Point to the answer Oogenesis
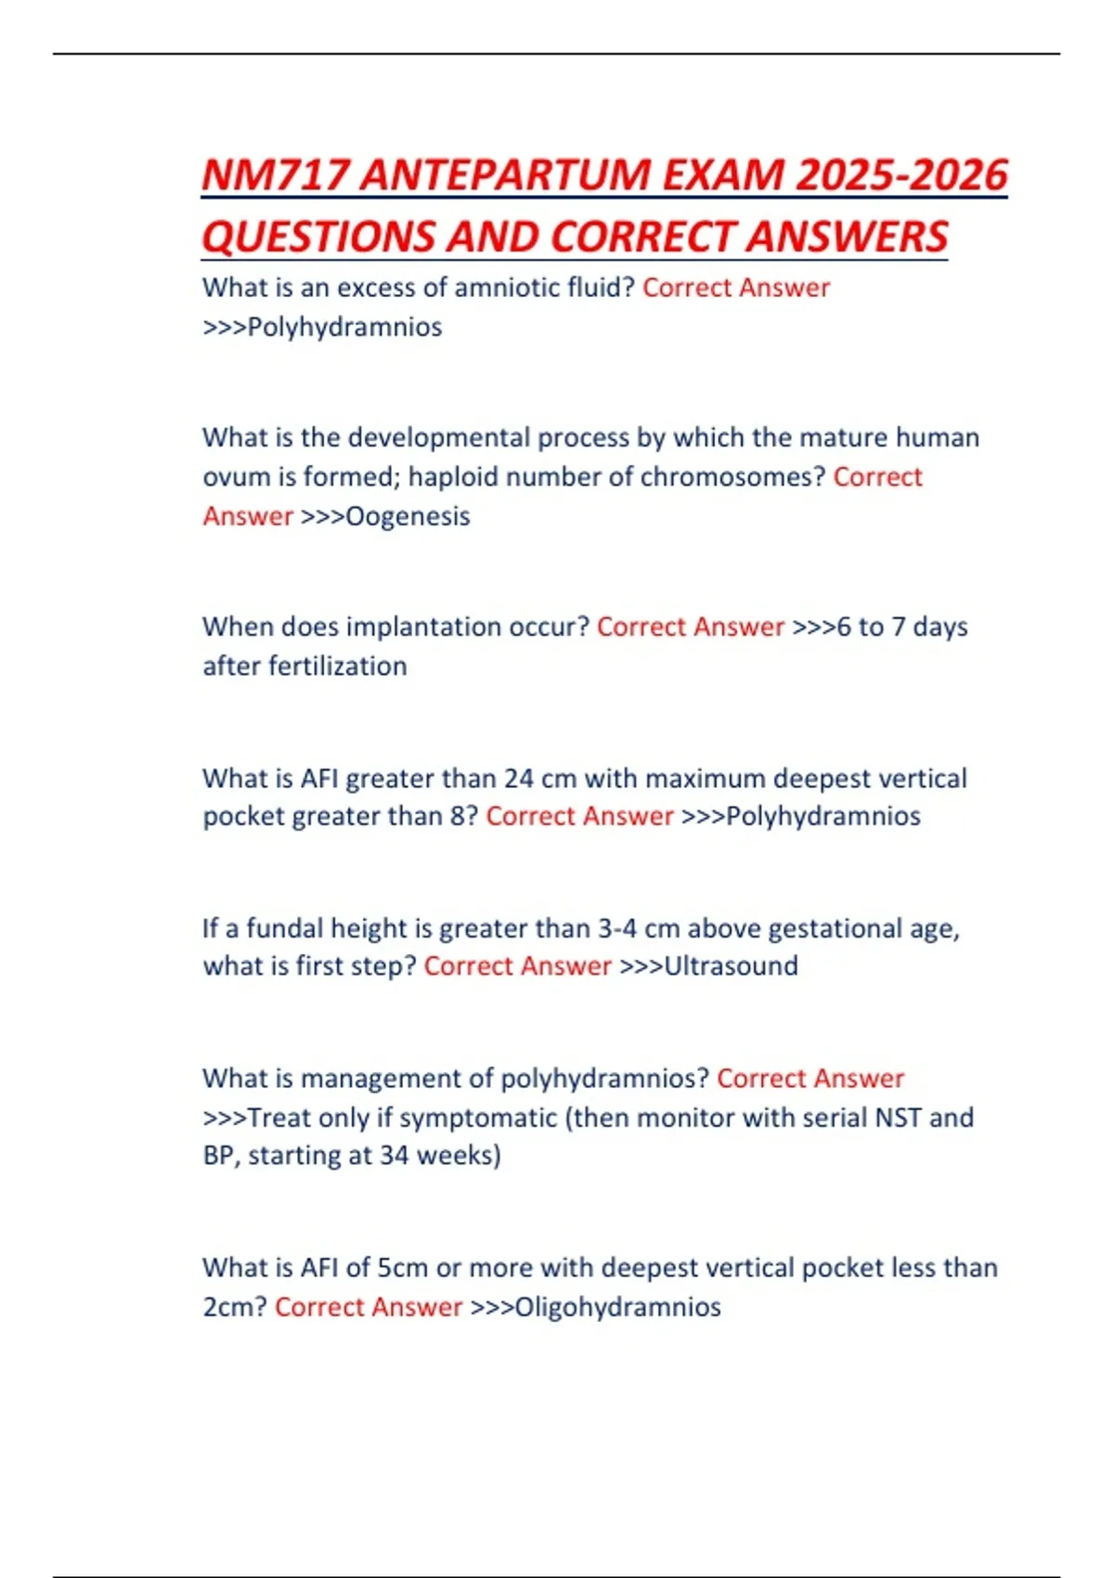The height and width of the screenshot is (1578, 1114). pyautogui.click(x=408, y=516)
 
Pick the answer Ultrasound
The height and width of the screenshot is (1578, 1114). pyautogui.click(x=731, y=966)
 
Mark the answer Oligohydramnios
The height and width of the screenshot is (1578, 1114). pyautogui.click(x=617, y=1307)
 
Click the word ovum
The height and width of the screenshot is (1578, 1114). pyautogui.click(x=232, y=477)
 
